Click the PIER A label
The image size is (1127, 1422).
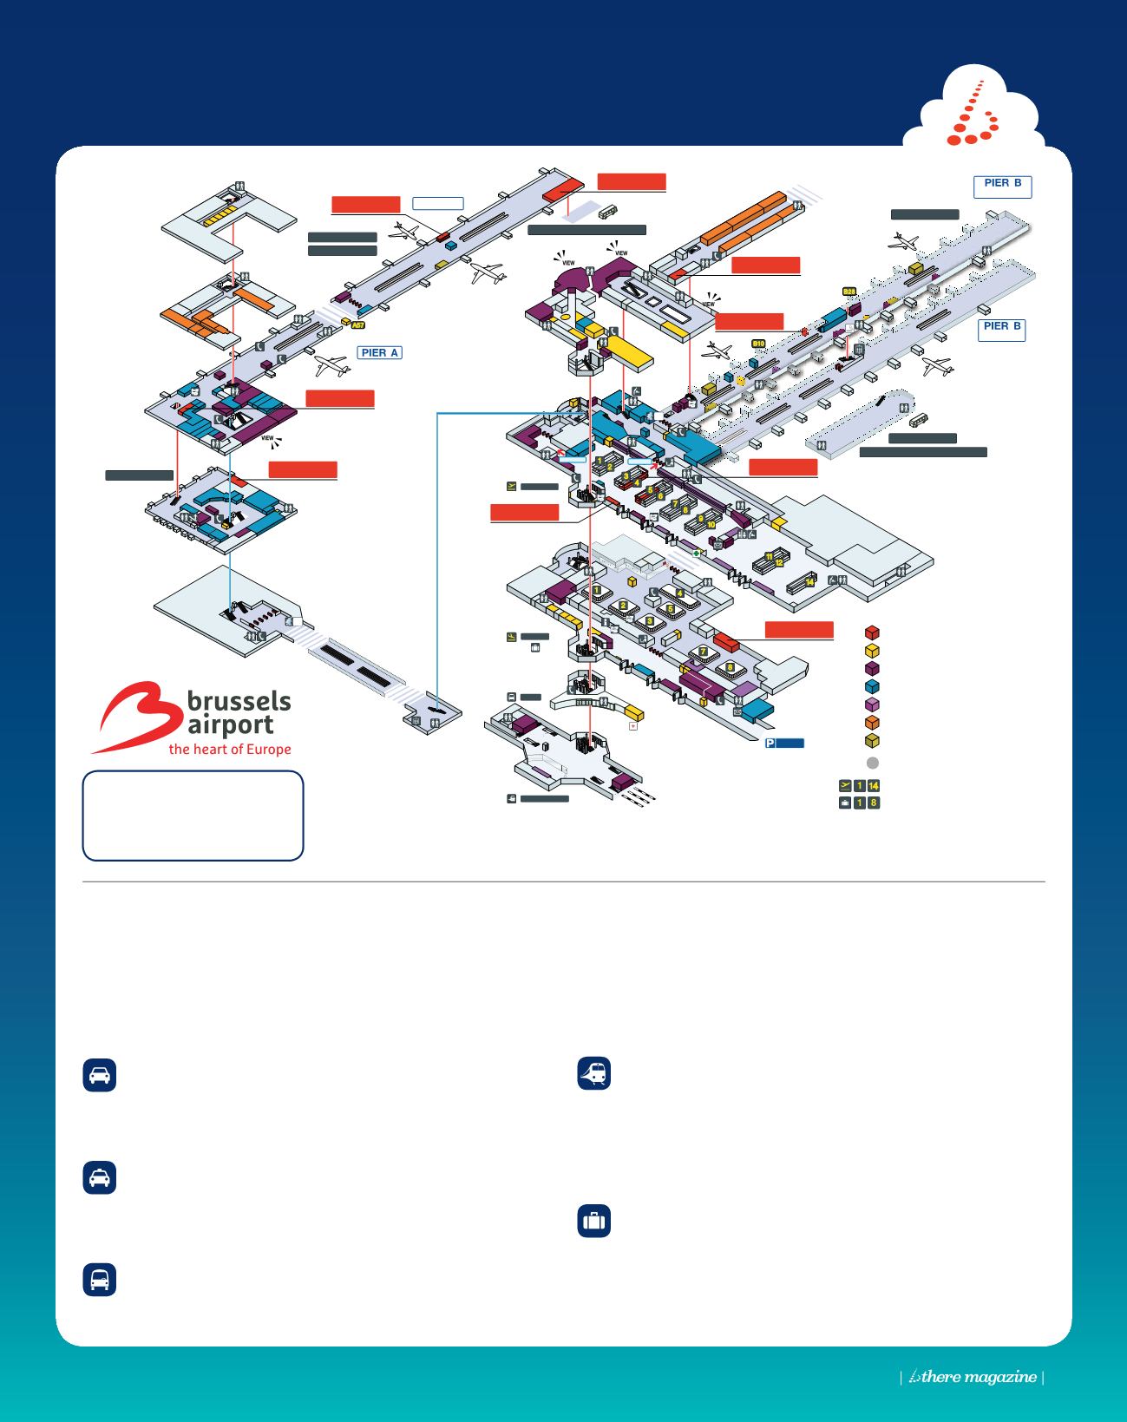click(379, 353)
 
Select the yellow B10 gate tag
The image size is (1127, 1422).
click(758, 344)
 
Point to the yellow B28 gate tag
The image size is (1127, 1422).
click(849, 292)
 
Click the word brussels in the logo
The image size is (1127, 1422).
click(239, 702)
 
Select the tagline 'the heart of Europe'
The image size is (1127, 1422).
click(230, 750)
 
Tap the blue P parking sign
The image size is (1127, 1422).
click(770, 744)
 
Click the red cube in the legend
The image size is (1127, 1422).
click(873, 633)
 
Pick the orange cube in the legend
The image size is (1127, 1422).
click(873, 722)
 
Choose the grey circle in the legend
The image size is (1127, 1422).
click(873, 763)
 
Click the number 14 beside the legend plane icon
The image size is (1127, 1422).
click(873, 786)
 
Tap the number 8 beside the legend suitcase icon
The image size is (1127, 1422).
click(873, 803)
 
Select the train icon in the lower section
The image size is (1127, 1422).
click(594, 1074)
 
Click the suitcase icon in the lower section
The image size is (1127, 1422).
click(594, 1221)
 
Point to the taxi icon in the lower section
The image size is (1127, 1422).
click(100, 1178)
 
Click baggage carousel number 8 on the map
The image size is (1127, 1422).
click(731, 667)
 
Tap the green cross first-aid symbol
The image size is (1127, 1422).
click(696, 552)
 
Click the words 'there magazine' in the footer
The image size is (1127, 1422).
click(979, 1377)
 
